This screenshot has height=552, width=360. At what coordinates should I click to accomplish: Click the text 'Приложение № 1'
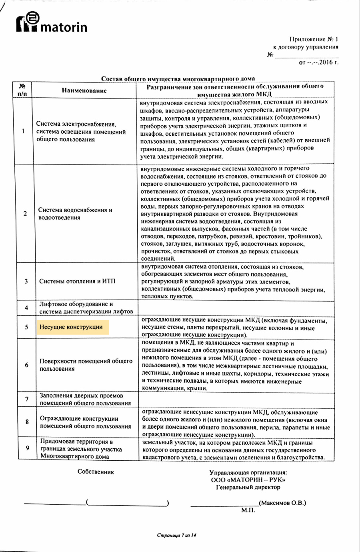point(314,39)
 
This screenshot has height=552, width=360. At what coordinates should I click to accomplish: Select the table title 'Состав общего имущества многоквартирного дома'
point(178,79)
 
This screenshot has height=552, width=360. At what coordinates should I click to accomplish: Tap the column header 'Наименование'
point(84,90)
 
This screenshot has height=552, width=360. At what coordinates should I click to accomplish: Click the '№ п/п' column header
point(24,90)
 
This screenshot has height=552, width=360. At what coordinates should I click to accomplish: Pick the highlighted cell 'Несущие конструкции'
point(71,327)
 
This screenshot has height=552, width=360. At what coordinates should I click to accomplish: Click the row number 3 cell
point(26,281)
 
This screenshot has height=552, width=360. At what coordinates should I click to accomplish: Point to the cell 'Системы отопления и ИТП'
point(77,281)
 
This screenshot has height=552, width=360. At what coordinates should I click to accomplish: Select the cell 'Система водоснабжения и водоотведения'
point(75,214)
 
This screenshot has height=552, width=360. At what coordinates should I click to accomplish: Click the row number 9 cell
point(27,448)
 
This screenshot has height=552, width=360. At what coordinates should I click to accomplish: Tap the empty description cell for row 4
point(236,308)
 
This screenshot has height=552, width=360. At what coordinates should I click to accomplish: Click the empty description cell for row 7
point(236,399)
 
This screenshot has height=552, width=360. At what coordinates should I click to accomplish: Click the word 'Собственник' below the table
point(96,472)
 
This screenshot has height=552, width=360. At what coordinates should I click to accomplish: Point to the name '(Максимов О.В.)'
point(282,503)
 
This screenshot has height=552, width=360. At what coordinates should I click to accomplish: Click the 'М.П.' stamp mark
point(248,510)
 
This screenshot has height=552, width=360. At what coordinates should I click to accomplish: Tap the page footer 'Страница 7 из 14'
point(178,535)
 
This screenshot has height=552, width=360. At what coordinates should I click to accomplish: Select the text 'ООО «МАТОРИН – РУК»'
point(248,480)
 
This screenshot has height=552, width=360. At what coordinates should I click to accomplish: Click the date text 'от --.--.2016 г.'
point(318,62)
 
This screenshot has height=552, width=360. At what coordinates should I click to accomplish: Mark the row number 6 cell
point(27,365)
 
